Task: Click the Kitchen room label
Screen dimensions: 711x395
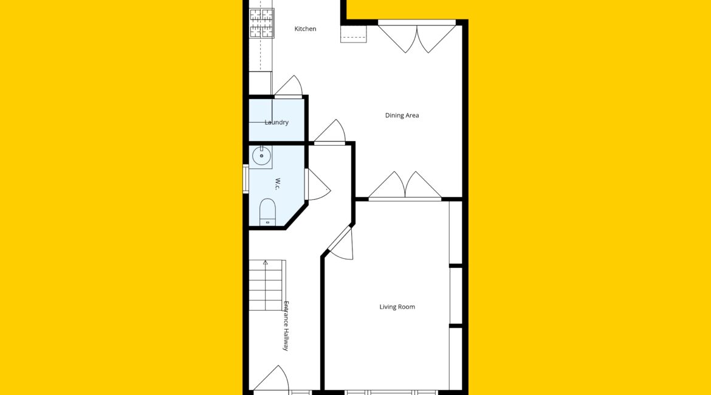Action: tap(305, 29)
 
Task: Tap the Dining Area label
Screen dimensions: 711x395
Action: tap(402, 115)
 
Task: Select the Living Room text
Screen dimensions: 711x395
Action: tap(397, 306)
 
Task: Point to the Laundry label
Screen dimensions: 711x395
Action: tap(276, 122)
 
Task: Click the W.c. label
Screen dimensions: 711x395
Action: tap(278, 184)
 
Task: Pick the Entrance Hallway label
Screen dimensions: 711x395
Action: tap(286, 326)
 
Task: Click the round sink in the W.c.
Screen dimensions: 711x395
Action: tap(261, 156)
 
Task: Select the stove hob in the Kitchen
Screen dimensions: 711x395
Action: tap(262, 23)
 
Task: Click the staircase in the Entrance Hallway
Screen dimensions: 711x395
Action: tap(267, 285)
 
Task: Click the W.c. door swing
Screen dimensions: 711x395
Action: tap(318, 185)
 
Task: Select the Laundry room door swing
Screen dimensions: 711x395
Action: tap(289, 86)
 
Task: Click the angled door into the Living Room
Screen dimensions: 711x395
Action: tap(341, 244)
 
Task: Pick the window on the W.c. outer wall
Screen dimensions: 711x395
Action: tap(246, 179)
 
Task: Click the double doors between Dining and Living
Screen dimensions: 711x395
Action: tap(405, 185)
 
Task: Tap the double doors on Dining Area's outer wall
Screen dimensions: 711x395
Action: tap(417, 36)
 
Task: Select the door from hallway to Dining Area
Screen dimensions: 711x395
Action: tap(330, 131)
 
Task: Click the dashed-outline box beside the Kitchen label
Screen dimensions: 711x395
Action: tap(354, 34)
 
